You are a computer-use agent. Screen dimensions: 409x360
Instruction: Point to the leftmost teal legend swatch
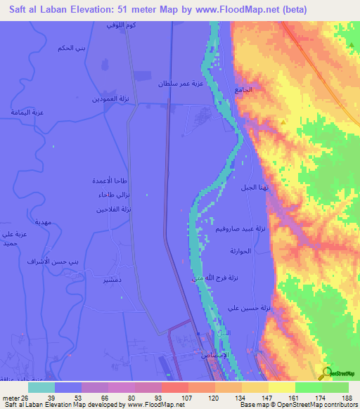(x=41, y=387)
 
